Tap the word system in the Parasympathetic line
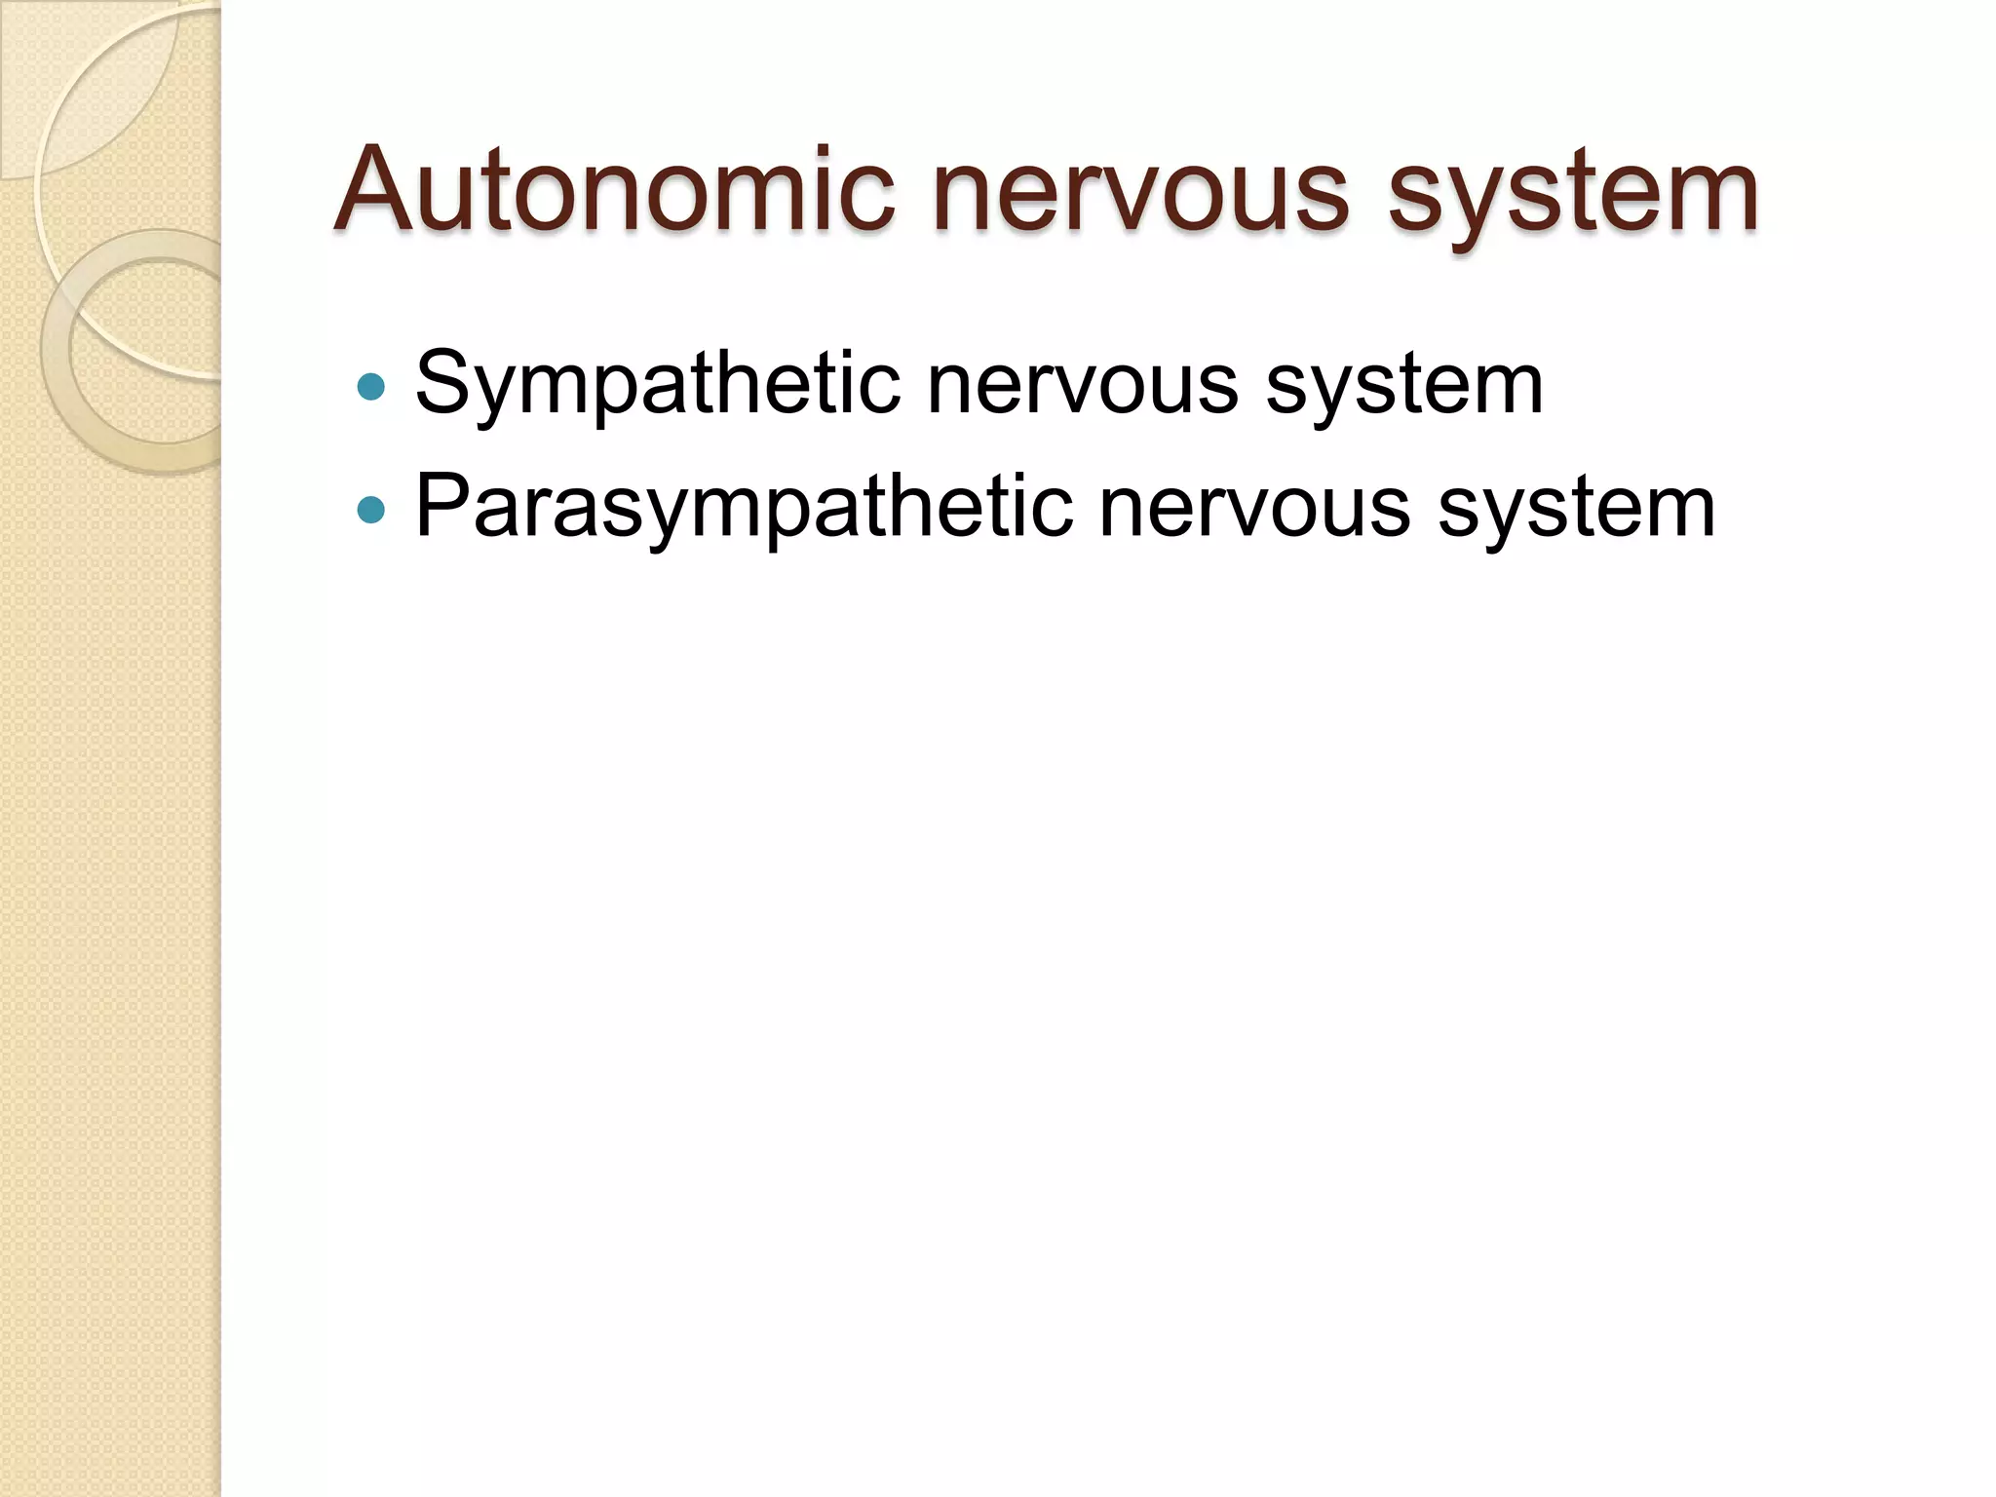click(x=1576, y=508)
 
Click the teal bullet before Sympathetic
click(x=371, y=387)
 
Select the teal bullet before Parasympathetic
click(x=371, y=509)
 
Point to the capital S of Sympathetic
click(x=444, y=383)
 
